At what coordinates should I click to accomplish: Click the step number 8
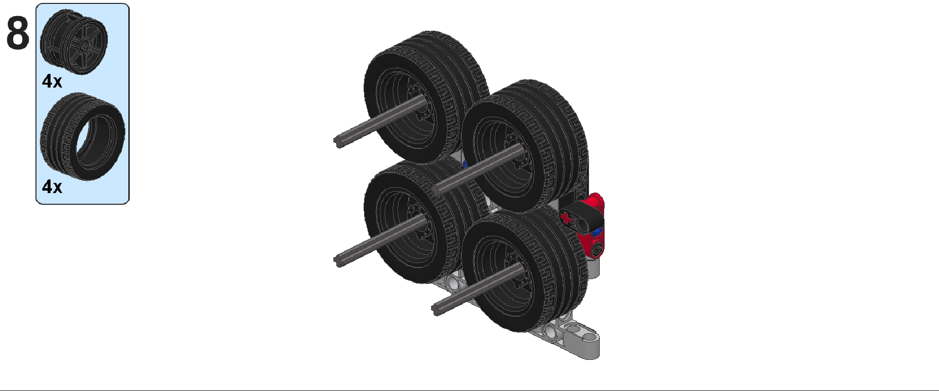[x=18, y=33]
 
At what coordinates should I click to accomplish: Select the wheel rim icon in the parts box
[x=74, y=42]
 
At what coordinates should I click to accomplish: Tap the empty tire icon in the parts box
[x=83, y=136]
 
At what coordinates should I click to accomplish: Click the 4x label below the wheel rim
[x=52, y=81]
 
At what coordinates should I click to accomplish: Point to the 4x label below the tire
[x=52, y=186]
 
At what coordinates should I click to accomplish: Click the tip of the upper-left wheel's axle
[x=337, y=142]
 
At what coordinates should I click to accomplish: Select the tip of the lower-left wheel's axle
[x=337, y=261]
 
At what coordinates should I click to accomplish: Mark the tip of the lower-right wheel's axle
[x=435, y=309]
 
